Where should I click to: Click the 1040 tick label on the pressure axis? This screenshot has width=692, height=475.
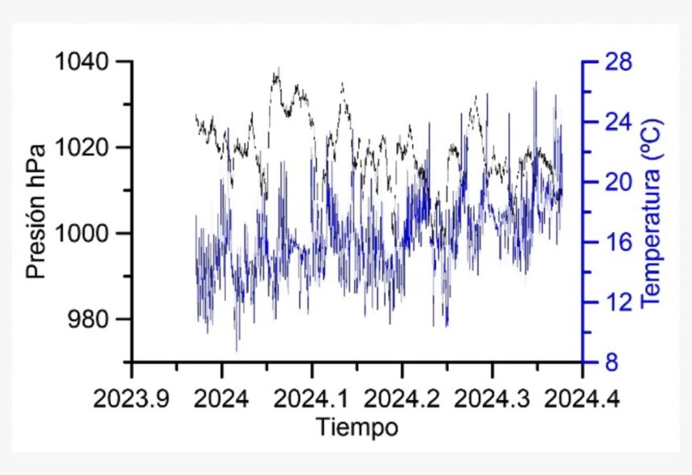click(x=86, y=62)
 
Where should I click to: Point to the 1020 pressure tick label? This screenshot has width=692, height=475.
click(x=86, y=148)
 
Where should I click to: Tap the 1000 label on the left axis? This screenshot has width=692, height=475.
click(x=86, y=233)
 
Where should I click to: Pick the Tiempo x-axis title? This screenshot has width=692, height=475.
click(x=356, y=427)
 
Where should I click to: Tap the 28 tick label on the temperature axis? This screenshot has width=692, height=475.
click(x=615, y=62)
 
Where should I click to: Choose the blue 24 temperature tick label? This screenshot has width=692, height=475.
click(x=615, y=122)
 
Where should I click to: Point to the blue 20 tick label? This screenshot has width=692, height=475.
click(x=615, y=183)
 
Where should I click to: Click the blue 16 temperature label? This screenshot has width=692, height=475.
click(x=615, y=242)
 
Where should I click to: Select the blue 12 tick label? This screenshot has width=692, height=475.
click(x=615, y=303)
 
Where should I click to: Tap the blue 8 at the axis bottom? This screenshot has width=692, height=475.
click(x=609, y=363)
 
